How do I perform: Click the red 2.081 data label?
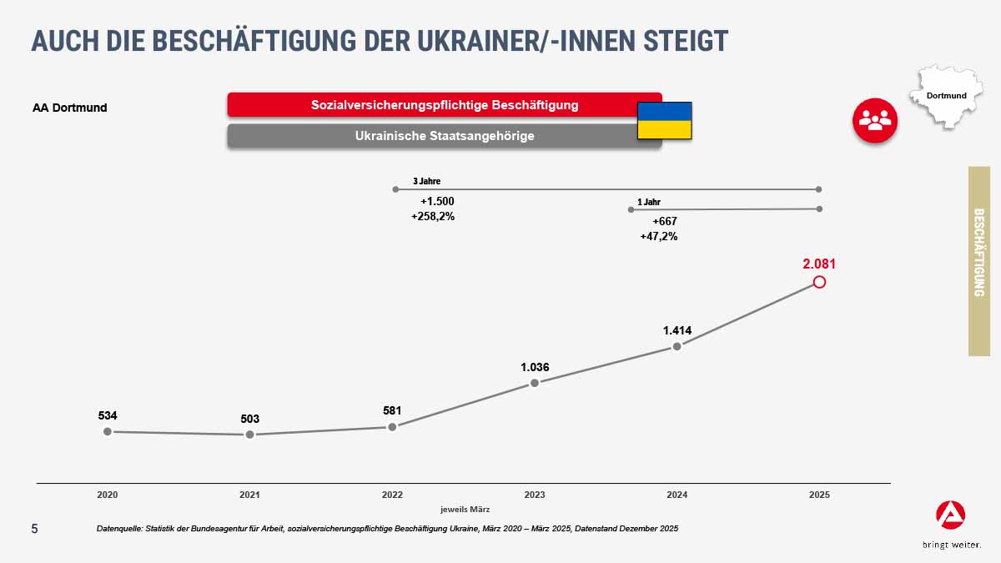[x=819, y=264]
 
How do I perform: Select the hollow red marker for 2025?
[x=819, y=282]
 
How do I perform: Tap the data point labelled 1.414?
[x=677, y=346]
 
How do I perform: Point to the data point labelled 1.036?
[x=535, y=383]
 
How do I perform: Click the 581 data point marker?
[x=392, y=426]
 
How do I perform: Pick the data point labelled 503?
[x=249, y=435]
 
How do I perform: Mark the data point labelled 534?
[x=107, y=431]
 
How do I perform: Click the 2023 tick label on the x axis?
[x=535, y=495]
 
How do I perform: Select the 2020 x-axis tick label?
[x=107, y=495]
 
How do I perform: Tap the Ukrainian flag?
[x=665, y=120]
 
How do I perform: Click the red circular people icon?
[x=874, y=120]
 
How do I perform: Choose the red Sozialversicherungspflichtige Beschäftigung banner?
[x=444, y=105]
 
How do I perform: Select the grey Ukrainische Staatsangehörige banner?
[x=444, y=136]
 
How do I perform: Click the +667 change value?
[x=665, y=221]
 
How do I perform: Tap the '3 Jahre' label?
[x=426, y=180]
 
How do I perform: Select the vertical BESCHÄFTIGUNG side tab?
[x=979, y=261]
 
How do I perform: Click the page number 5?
[x=34, y=529]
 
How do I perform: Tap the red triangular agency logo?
[x=951, y=517]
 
